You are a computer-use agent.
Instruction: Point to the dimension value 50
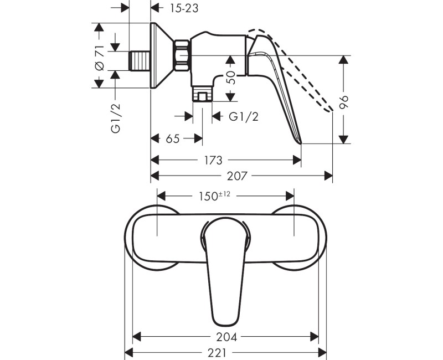(x=231, y=77)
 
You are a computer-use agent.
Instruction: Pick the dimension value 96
(x=344, y=101)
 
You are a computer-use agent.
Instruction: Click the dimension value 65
(x=172, y=138)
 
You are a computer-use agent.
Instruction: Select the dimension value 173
(x=213, y=160)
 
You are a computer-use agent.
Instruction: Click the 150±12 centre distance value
(x=213, y=196)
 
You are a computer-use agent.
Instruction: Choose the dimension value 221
(x=226, y=353)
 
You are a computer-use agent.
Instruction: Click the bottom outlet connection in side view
(x=203, y=95)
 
